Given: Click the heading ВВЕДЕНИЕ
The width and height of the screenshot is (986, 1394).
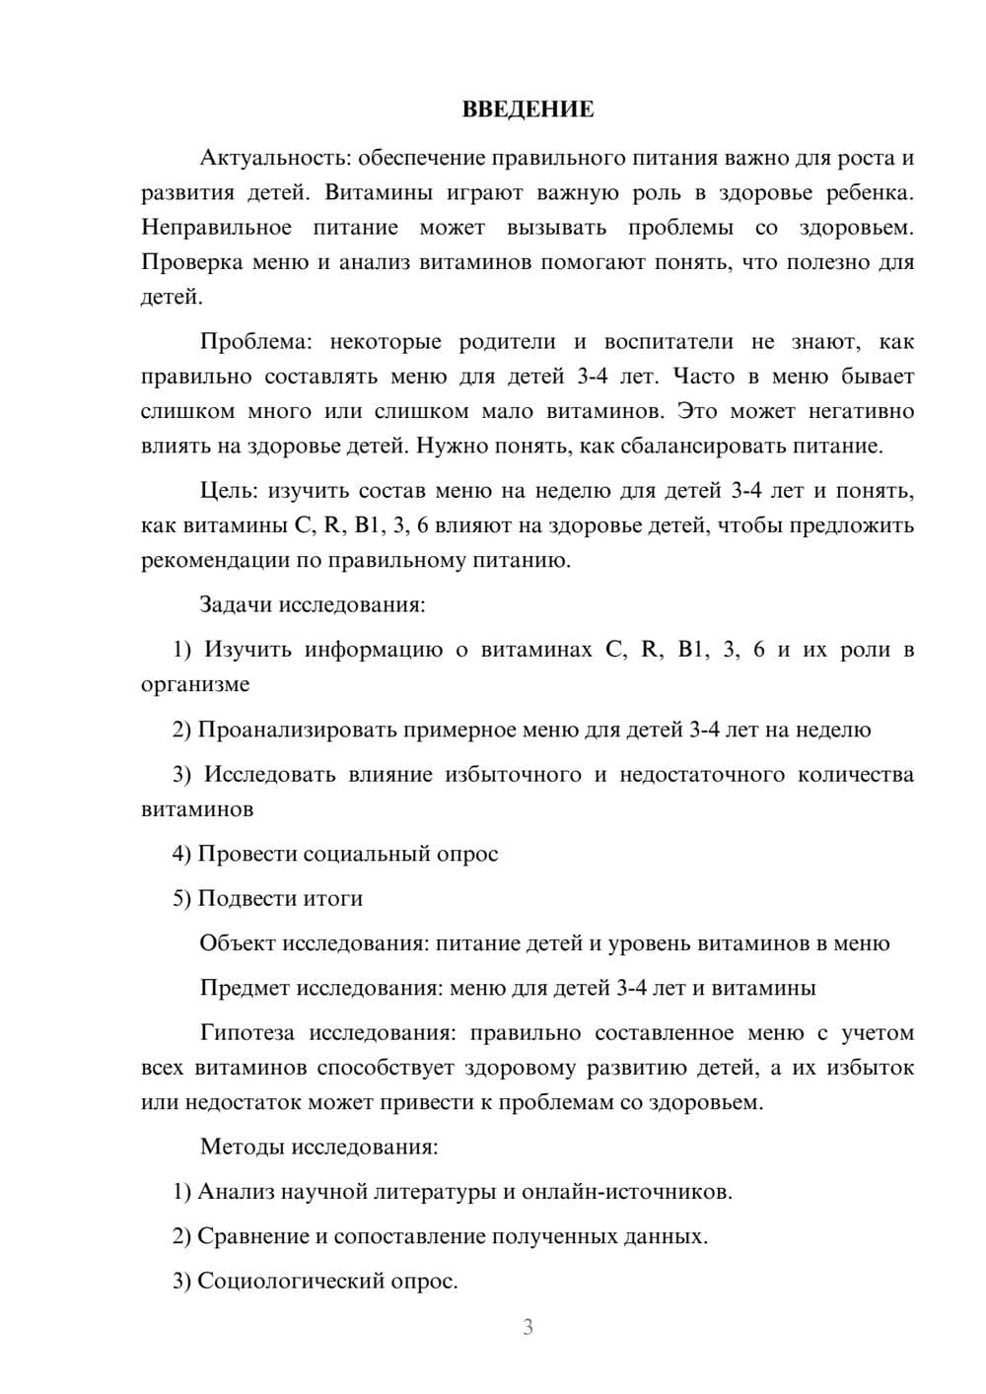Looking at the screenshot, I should click(x=528, y=109).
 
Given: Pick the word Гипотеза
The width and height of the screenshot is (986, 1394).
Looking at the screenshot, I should click(x=246, y=1033).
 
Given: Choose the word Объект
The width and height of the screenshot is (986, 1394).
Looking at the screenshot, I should click(x=238, y=943).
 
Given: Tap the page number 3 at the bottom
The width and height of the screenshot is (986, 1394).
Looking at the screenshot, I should click(x=528, y=1327).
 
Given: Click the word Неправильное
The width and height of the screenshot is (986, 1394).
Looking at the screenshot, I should click(x=216, y=228).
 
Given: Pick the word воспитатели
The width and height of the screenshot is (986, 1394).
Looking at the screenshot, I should click(x=669, y=342).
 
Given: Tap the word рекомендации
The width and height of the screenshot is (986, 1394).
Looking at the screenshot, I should click(x=216, y=561).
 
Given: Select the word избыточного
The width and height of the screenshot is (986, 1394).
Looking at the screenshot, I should click(x=513, y=775).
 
